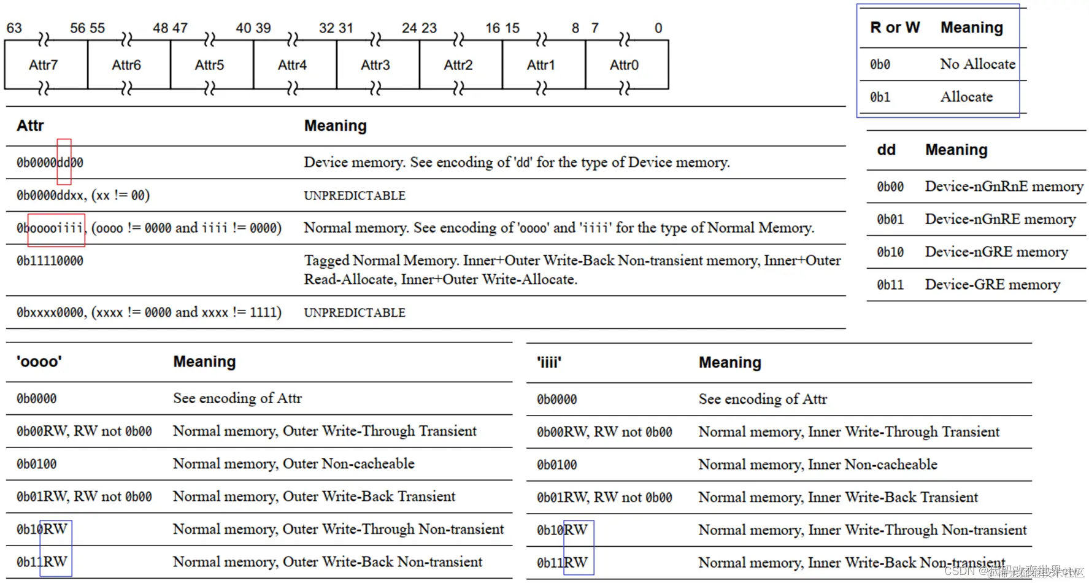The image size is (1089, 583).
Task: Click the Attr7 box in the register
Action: click(44, 65)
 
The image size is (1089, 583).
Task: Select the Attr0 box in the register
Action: click(624, 65)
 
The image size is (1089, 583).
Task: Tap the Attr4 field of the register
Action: click(292, 65)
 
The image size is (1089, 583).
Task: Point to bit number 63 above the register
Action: click(14, 28)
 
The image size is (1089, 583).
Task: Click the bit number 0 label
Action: click(658, 28)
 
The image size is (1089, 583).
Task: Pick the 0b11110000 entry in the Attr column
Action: click(50, 261)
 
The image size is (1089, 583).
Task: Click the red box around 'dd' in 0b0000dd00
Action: click(64, 162)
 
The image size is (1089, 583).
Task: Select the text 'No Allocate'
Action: click(977, 64)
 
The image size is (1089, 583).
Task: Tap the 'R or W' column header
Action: click(895, 28)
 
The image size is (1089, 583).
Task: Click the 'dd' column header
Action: click(886, 150)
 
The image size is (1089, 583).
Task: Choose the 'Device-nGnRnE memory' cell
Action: click(1004, 187)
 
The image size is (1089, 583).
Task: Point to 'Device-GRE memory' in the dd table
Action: click(992, 285)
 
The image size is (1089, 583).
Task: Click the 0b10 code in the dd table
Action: click(890, 252)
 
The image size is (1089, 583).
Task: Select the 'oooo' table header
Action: click(39, 361)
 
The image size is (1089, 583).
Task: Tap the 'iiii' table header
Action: click(549, 363)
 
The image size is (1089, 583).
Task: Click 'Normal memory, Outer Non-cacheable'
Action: click(293, 464)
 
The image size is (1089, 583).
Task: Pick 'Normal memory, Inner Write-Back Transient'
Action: click(837, 497)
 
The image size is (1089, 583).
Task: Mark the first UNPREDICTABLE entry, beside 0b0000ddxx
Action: click(354, 196)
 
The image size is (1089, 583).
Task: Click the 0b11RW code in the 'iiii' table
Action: click(562, 563)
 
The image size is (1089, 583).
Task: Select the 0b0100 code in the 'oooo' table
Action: click(36, 464)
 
